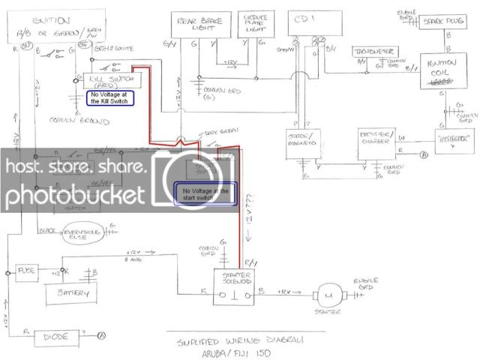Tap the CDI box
[x=304, y=26]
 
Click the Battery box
[x=67, y=292]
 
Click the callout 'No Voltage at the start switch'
[x=205, y=194]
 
